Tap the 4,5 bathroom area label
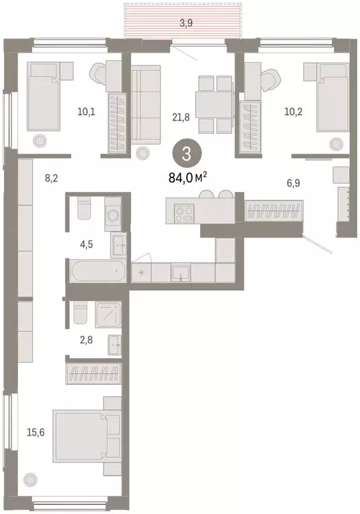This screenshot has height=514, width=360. click(86, 244)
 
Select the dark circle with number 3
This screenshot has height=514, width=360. click(186, 153)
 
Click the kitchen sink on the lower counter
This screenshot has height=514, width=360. click(181, 272)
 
